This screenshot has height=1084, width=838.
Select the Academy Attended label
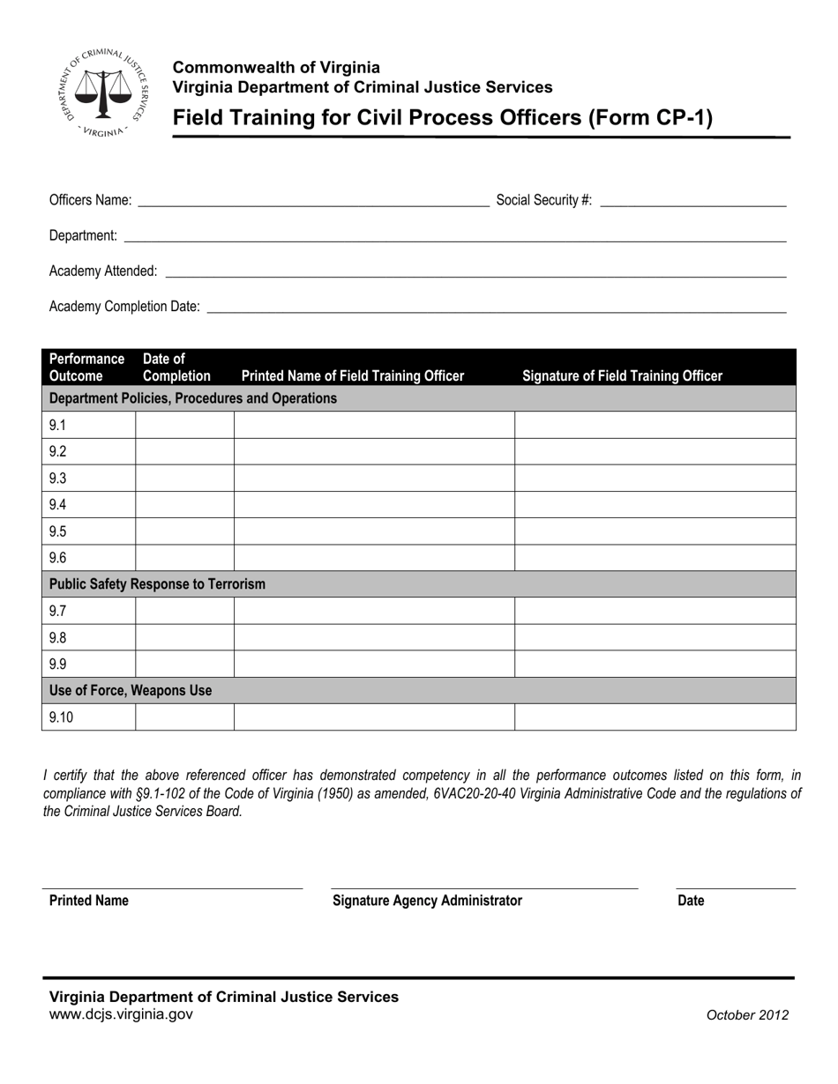click(x=103, y=271)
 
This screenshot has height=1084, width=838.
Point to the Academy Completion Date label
click(x=124, y=307)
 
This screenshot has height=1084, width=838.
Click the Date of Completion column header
click(x=176, y=368)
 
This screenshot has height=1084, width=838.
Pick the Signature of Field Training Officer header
click(x=622, y=376)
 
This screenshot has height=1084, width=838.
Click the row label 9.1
click(x=58, y=426)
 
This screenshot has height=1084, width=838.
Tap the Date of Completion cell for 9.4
click(x=184, y=505)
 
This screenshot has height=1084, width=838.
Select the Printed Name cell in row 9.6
click(x=374, y=558)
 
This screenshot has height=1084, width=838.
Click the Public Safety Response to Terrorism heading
click(x=157, y=584)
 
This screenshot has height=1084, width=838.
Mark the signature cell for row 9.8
click(x=655, y=637)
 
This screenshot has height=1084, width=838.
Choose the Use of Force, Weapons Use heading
click(x=131, y=690)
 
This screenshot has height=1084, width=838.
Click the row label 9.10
click(x=62, y=717)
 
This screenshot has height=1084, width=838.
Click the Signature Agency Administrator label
click(x=427, y=901)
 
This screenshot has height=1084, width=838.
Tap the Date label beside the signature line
click(x=691, y=901)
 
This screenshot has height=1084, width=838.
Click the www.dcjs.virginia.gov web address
click(x=121, y=1014)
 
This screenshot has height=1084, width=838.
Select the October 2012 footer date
click(x=747, y=1015)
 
